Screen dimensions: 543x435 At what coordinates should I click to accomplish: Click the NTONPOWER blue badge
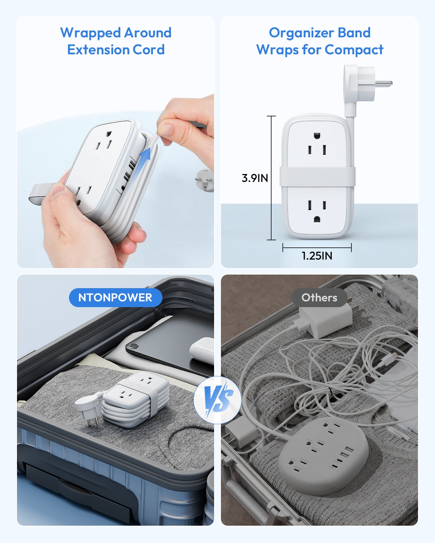[x=115, y=298]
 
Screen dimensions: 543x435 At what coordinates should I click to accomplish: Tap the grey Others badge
[x=319, y=298]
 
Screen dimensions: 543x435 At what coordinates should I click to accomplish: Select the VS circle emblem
[x=218, y=400]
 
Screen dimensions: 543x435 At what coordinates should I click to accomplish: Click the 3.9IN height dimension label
[x=255, y=178]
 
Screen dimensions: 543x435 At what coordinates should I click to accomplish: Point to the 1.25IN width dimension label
[x=317, y=256]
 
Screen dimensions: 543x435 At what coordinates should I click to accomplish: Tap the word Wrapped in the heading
[x=90, y=33]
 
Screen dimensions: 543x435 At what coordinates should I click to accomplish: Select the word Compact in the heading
[x=354, y=50]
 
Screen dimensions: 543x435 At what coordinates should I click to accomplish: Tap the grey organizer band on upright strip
[x=317, y=177]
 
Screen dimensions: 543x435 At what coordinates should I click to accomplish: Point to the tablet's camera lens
[x=133, y=346]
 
